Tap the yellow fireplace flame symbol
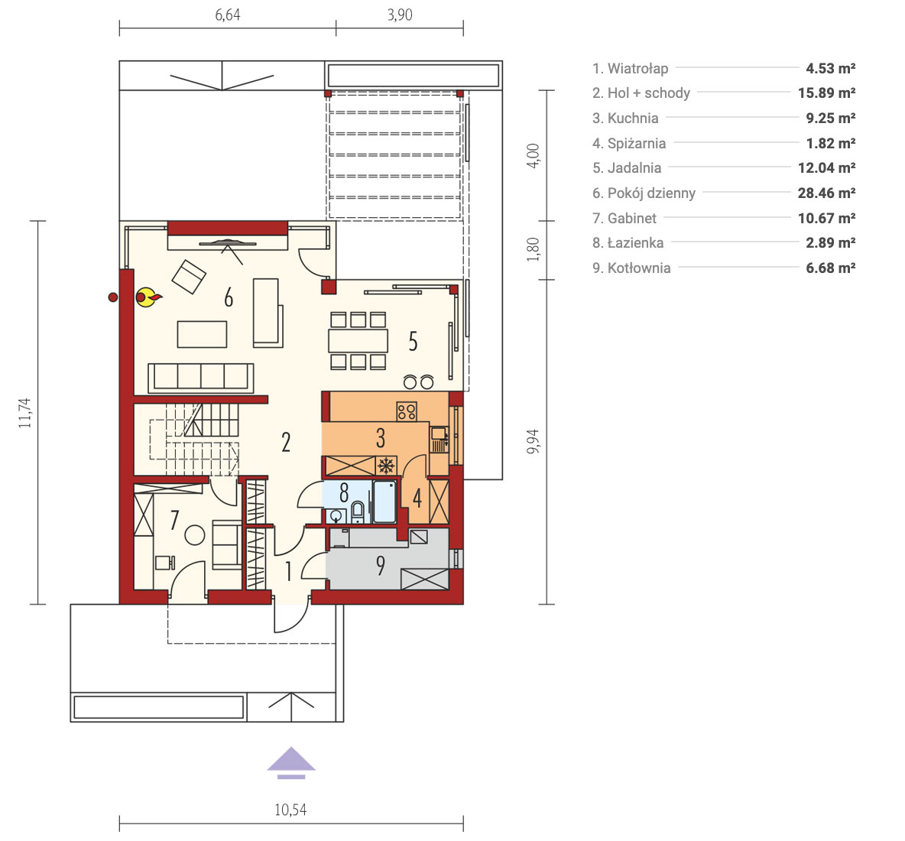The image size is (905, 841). click(x=148, y=297)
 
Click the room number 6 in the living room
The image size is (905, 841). click(x=229, y=298)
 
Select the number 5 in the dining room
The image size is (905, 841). click(x=413, y=341)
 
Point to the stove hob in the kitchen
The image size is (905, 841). click(x=407, y=411)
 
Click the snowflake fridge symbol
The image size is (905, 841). click(x=386, y=466)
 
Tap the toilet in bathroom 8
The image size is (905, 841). click(x=358, y=511)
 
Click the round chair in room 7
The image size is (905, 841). click(x=194, y=535)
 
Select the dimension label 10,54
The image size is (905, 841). click(x=290, y=809)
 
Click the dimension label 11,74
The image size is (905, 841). click(x=24, y=413)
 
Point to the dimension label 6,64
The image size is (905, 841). click(x=228, y=15)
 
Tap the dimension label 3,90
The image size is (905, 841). click(x=400, y=15)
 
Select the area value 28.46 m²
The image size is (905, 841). click(x=826, y=193)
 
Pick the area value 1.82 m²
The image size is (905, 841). click(x=831, y=142)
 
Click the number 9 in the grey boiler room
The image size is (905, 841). click(x=381, y=565)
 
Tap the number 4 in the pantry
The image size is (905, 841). click(x=417, y=497)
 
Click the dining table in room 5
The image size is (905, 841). click(x=358, y=340)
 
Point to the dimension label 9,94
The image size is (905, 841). click(x=533, y=441)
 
